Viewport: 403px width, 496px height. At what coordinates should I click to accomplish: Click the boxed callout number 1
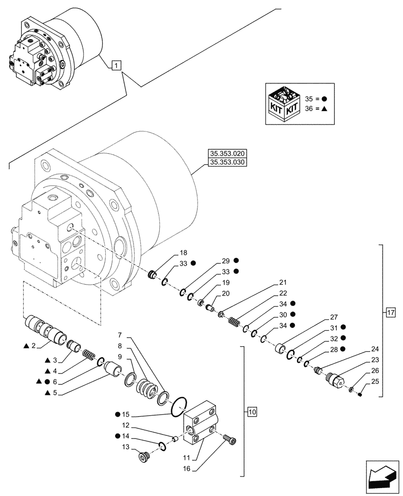tap(115, 65)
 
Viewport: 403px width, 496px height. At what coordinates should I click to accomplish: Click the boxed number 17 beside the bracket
tap(391, 313)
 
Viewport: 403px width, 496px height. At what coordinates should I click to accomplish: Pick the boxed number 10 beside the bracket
tap(252, 412)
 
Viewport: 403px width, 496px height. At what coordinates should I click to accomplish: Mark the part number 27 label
tap(334, 317)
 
